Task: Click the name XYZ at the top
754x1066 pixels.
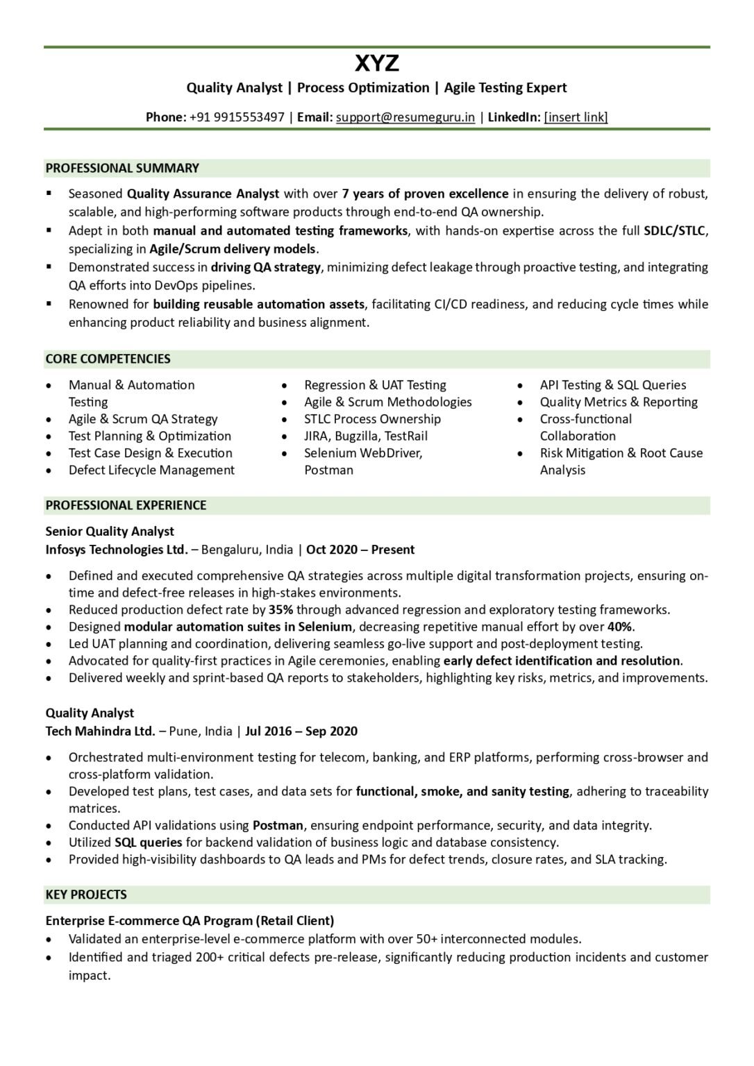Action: (377, 64)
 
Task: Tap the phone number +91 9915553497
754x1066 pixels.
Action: (237, 117)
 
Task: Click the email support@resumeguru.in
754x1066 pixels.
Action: (405, 117)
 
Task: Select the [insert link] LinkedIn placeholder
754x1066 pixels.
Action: (576, 117)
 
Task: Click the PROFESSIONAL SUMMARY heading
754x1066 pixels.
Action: (122, 168)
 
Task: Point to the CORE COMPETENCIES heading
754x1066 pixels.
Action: (108, 359)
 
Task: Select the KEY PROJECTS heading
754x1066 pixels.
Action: (86, 895)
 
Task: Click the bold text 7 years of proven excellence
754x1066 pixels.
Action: (425, 194)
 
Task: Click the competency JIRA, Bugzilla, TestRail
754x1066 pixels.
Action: (366, 436)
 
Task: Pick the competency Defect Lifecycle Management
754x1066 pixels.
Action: (151, 470)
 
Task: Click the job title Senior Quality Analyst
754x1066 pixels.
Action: (110, 532)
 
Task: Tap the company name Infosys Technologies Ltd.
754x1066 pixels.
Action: (117, 550)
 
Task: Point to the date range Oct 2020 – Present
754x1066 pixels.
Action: (360, 550)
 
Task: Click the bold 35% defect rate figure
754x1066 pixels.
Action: (281, 610)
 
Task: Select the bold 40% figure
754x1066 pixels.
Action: (620, 627)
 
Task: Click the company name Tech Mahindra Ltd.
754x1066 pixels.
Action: (101, 731)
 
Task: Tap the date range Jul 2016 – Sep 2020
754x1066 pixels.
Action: (301, 731)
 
